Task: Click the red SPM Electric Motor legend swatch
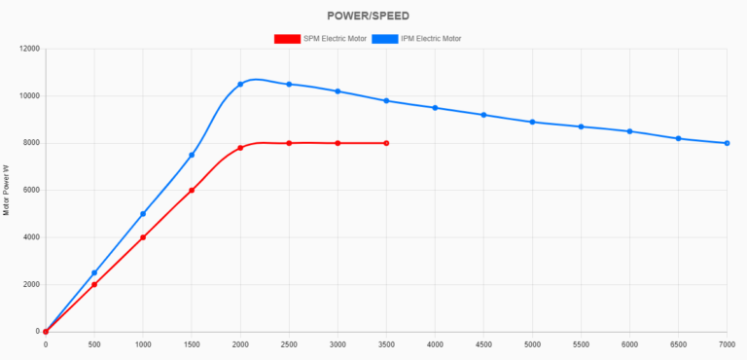[x=287, y=39]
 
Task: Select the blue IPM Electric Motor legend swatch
[x=386, y=39]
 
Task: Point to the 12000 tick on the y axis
[x=28, y=49]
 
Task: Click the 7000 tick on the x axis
[x=725, y=343]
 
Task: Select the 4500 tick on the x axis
[x=483, y=343]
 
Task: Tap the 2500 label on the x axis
[x=289, y=343]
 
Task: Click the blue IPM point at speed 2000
[x=240, y=85]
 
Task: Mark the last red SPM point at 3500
[x=386, y=143]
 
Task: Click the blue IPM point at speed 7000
[x=727, y=143]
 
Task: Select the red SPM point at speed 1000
[x=143, y=237]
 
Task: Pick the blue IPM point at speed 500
[x=94, y=273]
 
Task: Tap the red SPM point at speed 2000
[x=240, y=148]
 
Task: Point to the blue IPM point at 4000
[x=435, y=108]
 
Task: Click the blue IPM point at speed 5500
[x=581, y=126]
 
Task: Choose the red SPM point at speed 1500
[x=192, y=191]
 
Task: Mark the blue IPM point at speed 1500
[x=192, y=155]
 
